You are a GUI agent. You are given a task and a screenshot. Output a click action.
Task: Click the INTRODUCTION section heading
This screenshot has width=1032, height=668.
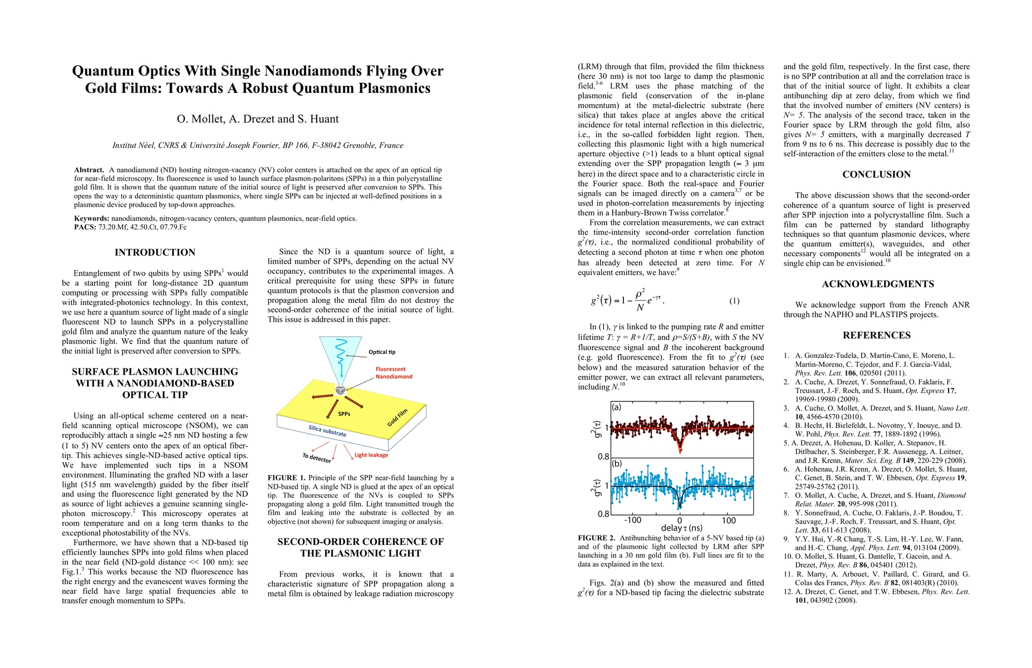155,252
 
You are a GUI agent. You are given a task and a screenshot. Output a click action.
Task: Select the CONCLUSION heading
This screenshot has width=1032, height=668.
876,174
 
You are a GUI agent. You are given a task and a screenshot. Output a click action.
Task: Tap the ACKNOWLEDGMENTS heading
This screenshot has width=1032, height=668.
878,284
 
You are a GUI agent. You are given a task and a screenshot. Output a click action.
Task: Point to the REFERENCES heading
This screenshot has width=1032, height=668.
876,335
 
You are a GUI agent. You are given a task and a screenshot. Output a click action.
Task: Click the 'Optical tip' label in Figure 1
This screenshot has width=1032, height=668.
382,352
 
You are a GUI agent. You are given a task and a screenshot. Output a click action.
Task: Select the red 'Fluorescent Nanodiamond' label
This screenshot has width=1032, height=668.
394,373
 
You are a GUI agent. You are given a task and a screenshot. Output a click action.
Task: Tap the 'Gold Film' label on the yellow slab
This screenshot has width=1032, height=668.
397,417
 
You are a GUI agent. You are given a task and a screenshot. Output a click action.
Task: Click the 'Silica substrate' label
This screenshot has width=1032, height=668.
327,430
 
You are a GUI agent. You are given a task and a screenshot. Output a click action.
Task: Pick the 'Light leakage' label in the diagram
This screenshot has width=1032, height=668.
371,455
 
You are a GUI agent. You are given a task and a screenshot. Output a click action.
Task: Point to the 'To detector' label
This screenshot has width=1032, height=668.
317,458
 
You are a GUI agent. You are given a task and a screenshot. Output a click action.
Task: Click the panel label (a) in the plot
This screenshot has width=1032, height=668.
616,407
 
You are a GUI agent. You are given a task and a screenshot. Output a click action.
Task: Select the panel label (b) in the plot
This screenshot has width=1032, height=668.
617,463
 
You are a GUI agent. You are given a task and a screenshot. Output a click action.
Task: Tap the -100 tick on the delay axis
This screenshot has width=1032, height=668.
632,520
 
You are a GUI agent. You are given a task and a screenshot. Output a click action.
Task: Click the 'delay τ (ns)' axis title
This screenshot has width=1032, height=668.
681,528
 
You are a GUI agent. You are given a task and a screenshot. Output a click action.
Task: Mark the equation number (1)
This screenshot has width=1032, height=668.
734,301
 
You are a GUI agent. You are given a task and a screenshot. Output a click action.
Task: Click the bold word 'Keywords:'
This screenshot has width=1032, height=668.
92,219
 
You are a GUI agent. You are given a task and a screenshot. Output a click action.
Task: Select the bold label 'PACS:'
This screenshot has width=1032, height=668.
85,227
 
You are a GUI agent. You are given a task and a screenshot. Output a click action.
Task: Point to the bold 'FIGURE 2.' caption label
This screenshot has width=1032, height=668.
596,538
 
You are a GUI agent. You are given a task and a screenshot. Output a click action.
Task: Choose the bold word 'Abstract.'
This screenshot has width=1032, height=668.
89,170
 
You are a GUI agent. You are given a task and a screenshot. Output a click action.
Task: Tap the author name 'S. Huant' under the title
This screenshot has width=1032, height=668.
317,119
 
